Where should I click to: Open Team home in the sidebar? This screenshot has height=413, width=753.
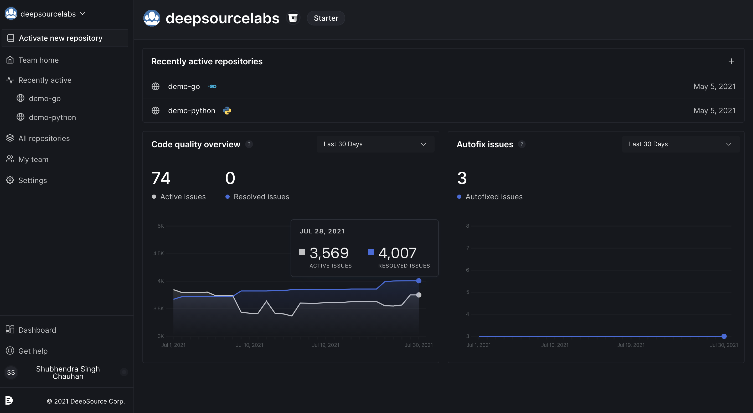pyautogui.click(x=38, y=60)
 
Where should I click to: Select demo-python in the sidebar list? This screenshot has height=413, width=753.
pyautogui.click(x=52, y=117)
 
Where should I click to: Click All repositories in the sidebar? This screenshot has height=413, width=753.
pyautogui.click(x=44, y=138)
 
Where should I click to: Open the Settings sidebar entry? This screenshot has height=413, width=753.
pyautogui.click(x=32, y=180)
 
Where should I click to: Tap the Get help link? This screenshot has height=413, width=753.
pyautogui.click(x=33, y=351)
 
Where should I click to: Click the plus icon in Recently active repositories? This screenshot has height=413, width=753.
pyautogui.click(x=731, y=61)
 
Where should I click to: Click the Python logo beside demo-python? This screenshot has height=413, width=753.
pyautogui.click(x=227, y=111)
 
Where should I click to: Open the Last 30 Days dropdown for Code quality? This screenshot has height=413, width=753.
pyautogui.click(x=375, y=144)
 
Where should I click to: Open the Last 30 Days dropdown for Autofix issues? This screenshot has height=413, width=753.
pyautogui.click(x=680, y=144)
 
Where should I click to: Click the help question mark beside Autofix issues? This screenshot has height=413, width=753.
pyautogui.click(x=522, y=144)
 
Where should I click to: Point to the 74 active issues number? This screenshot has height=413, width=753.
pyautogui.click(x=161, y=178)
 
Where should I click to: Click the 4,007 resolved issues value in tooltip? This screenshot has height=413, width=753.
pyautogui.click(x=397, y=253)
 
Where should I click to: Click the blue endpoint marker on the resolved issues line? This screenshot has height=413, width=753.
pyautogui.click(x=419, y=281)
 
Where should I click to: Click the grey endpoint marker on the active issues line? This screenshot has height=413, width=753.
pyautogui.click(x=419, y=295)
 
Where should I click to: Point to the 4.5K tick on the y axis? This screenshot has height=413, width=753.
pyautogui.click(x=158, y=254)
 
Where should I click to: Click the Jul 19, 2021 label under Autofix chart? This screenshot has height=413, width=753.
pyautogui.click(x=631, y=345)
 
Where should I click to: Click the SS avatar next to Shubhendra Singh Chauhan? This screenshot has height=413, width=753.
pyautogui.click(x=11, y=372)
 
